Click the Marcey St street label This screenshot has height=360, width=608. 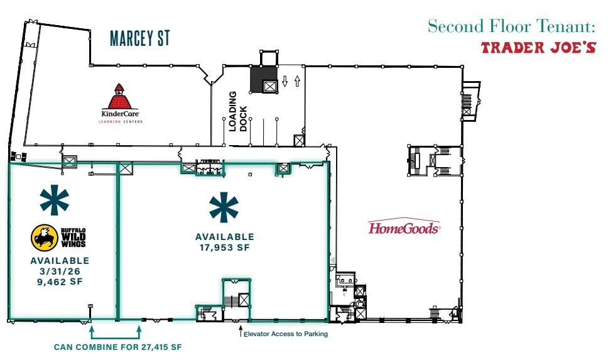coord(140,38)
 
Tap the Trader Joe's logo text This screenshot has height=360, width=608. coord(538,48)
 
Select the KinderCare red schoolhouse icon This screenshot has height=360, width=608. coord(120,96)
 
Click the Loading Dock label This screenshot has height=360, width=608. coord(237,111)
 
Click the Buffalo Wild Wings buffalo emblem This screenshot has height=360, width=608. coord(45,237)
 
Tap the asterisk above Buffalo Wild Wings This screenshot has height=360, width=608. coord(55,200)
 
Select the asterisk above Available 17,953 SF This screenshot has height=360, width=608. coord(224,207)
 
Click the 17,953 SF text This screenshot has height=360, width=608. coord(225,248)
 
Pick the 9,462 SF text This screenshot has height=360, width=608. coord(60,281)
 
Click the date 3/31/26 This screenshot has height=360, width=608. coord(60,271)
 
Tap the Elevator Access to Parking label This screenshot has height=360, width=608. coord(286,334)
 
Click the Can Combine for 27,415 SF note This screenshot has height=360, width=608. coord(118,347)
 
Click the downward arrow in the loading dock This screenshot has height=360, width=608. coord(285,81)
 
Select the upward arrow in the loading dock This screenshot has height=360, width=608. coord(298,81)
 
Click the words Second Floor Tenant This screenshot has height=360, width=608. coord(511,26)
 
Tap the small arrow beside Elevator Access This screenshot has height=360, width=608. coord(241,331)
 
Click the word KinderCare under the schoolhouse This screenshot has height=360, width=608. coord(120,114)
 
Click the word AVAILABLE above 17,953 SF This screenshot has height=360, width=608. coord(225,237)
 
